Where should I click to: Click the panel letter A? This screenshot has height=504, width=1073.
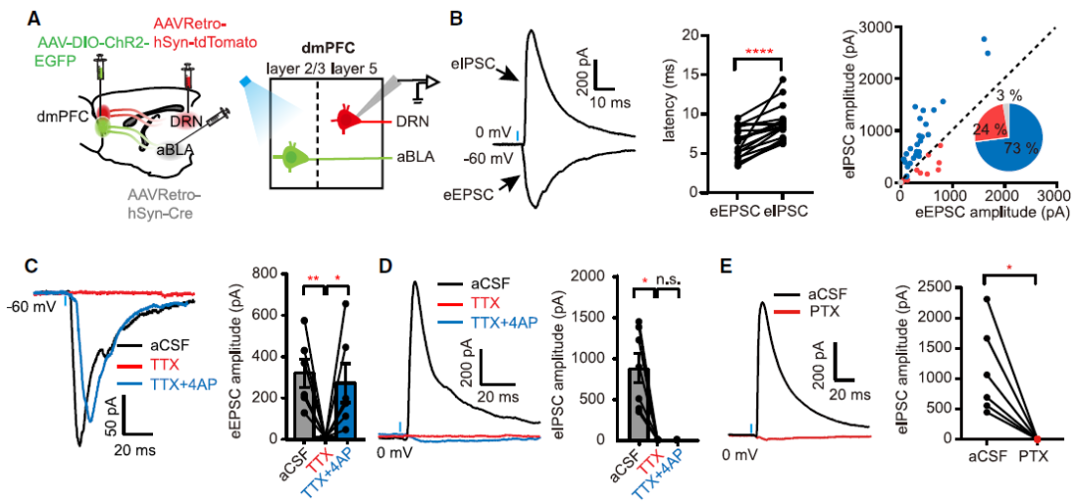[x=35, y=17]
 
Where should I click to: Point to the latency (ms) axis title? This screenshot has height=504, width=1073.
[x=667, y=108]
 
